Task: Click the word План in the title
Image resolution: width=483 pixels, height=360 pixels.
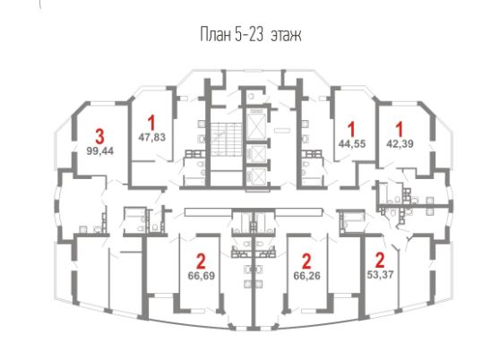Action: coord(215,35)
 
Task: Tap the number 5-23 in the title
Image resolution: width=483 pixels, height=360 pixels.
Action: coord(249,35)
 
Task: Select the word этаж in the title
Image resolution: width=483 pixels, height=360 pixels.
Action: coord(286,35)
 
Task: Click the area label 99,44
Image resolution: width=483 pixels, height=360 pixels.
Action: coord(100,151)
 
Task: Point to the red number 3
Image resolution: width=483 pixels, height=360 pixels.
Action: coord(99,137)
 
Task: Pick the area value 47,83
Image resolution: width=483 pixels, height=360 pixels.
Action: coord(151,137)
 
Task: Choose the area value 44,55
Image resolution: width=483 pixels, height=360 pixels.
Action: coord(352,144)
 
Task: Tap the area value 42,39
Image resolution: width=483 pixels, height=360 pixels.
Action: coord(400,143)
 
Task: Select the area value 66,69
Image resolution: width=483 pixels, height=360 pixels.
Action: coord(201,276)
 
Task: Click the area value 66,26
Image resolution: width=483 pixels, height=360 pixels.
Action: coord(307,276)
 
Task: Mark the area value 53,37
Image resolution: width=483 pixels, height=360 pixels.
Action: coord(381,274)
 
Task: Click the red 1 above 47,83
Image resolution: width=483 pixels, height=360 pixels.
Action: coord(151,123)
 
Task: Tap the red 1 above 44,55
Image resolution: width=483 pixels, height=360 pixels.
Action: coord(351,129)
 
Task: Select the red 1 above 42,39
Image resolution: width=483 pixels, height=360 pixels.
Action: coord(400,129)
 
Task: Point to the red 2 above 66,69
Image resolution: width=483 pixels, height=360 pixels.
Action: coord(201,261)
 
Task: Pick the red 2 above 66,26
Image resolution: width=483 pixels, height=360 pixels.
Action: coord(306,261)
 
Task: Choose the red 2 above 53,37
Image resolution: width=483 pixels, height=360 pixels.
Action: coord(380,261)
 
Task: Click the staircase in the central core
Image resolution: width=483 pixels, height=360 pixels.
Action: coord(226,139)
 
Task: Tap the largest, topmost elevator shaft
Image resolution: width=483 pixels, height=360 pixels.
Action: coord(256,125)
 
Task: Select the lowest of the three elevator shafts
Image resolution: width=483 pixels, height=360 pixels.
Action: coord(256,176)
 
